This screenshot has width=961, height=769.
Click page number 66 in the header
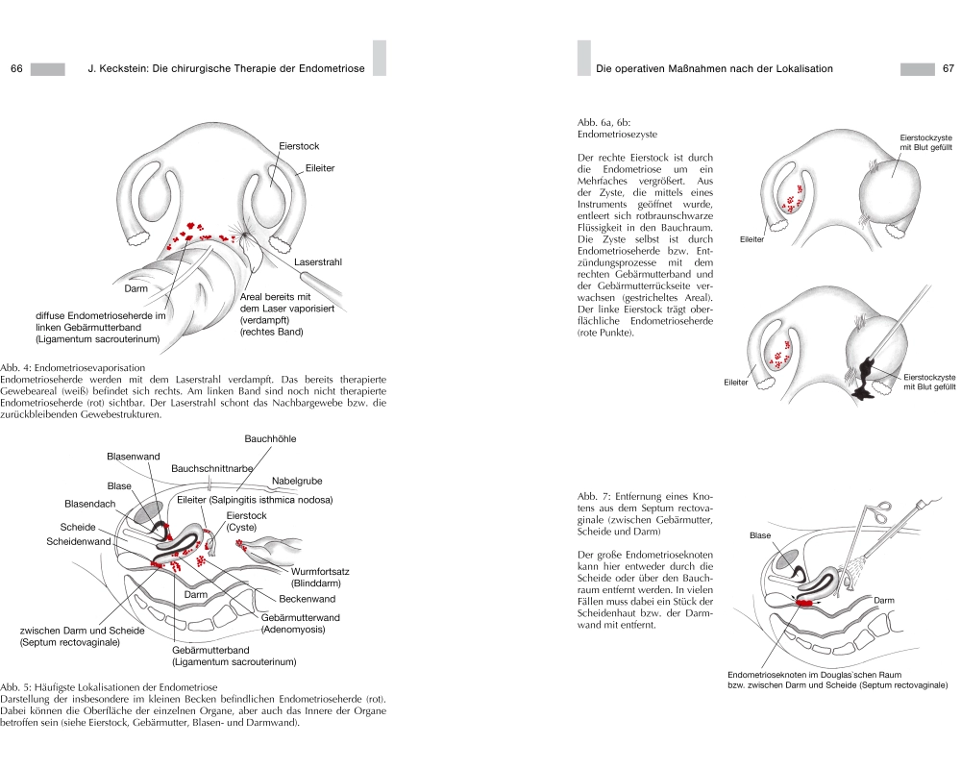(x=16, y=69)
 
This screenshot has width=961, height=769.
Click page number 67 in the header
(x=947, y=69)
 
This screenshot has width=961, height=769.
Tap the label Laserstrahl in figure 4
(x=318, y=261)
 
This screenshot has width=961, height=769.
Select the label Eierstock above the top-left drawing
(x=299, y=146)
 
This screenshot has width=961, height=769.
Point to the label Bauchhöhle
(x=270, y=438)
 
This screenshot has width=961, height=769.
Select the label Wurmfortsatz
(x=319, y=571)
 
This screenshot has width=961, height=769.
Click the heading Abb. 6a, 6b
(x=603, y=124)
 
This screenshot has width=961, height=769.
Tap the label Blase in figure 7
(x=760, y=535)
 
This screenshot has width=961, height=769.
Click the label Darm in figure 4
(x=136, y=288)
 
